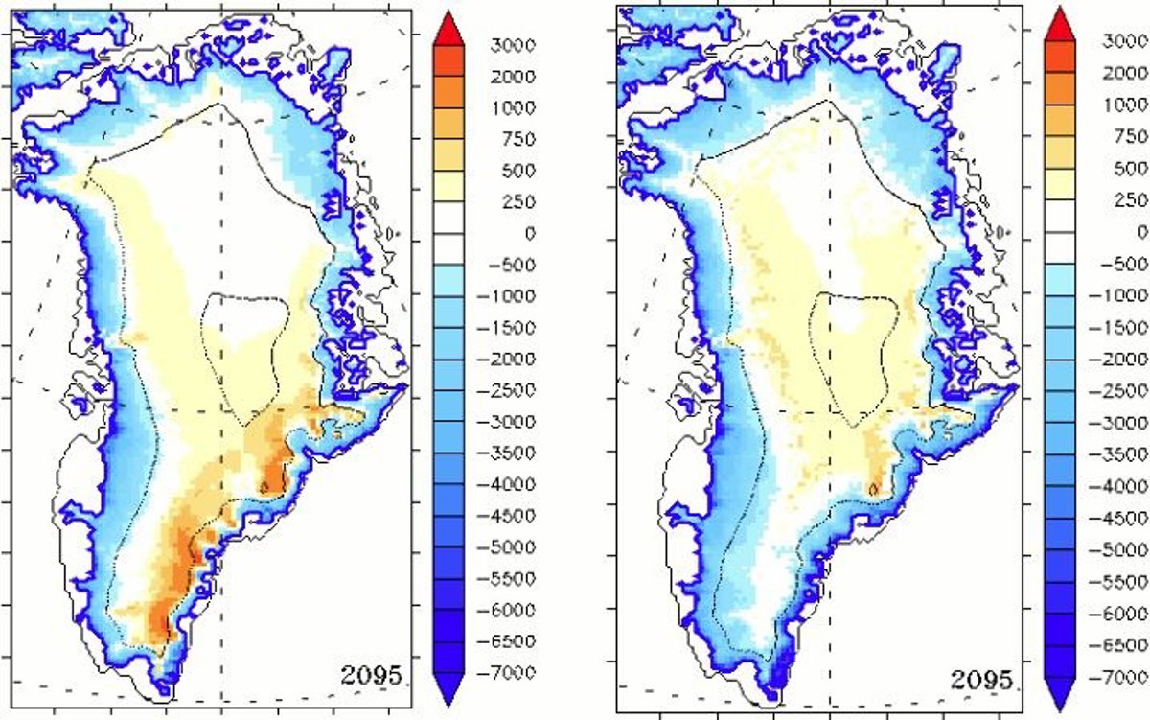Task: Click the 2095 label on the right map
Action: [x=981, y=681]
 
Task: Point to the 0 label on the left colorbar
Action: [x=529, y=233]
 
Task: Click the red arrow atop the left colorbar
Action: [x=448, y=28]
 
